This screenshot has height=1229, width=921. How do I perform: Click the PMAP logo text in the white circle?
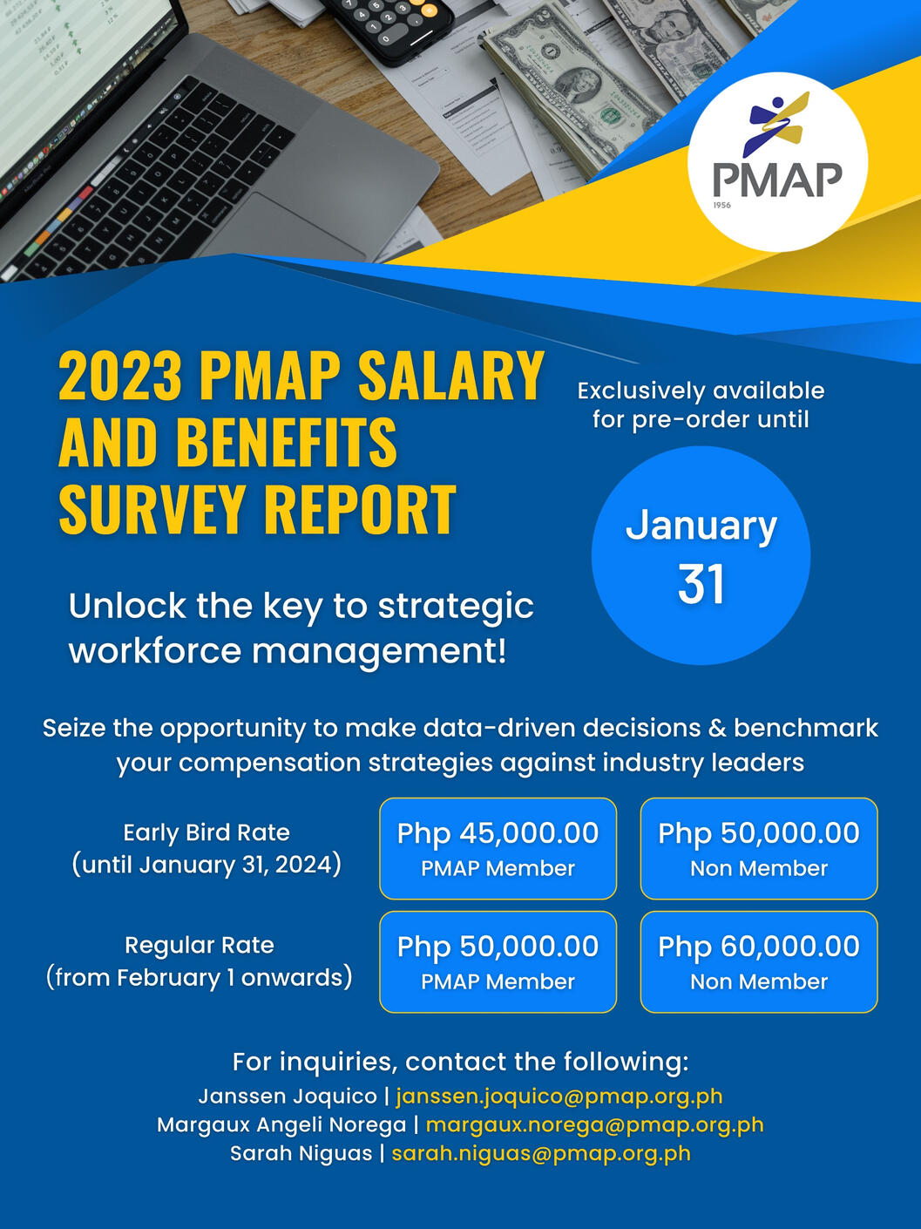coord(778,180)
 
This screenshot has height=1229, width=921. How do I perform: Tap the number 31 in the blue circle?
coord(701,585)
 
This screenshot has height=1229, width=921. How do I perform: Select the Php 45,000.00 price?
coord(498,833)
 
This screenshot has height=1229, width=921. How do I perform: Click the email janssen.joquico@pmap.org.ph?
coord(559,1097)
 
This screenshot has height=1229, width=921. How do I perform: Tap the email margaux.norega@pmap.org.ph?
coord(594,1125)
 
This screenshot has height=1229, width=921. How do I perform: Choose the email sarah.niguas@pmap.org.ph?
coord(540,1153)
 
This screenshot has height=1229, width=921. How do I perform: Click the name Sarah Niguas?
coord(301,1153)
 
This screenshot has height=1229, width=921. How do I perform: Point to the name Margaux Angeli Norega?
coord(281,1125)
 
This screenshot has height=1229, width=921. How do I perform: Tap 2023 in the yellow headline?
coord(119,374)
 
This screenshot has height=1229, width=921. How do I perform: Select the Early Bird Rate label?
coord(207,832)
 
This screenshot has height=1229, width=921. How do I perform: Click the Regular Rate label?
coord(200,945)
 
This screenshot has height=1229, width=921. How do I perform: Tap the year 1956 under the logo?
coord(721,205)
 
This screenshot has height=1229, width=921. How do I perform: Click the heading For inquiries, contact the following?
coord(460,1062)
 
